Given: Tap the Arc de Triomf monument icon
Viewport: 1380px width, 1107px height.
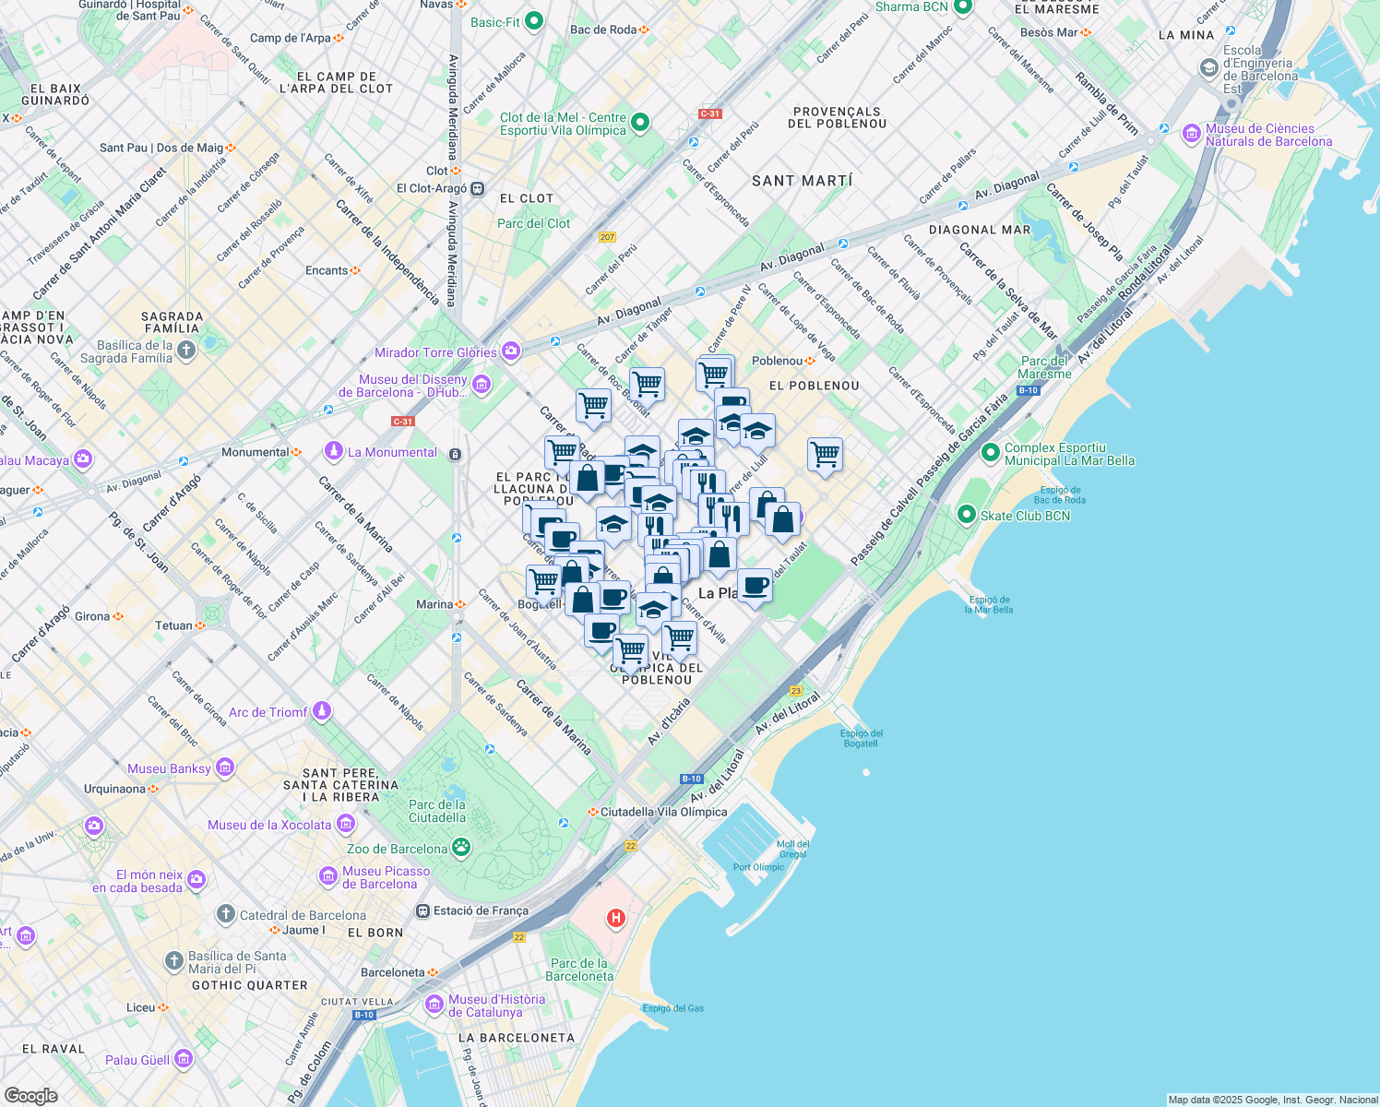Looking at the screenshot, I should click(x=322, y=711).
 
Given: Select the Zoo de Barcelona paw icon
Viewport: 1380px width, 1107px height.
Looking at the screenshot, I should click(x=460, y=848).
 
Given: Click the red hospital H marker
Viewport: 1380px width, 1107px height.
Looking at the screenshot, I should click(x=615, y=918).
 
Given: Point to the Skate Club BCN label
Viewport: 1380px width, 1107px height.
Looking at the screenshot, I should click(x=1025, y=516).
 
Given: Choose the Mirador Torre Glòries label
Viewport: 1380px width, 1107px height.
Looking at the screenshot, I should click(x=435, y=352).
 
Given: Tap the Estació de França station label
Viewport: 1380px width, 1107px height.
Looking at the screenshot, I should click(x=481, y=911).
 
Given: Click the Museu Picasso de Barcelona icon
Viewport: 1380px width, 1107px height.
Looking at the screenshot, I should click(x=328, y=875).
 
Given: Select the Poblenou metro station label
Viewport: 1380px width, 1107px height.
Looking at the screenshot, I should click(x=777, y=361).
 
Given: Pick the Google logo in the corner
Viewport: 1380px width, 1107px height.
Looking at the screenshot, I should click(x=30, y=1095).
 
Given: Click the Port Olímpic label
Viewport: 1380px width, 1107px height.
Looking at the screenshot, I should click(x=758, y=867).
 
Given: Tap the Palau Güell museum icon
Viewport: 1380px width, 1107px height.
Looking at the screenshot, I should click(x=184, y=1058).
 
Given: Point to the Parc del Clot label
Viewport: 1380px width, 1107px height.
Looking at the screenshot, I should click(x=533, y=223).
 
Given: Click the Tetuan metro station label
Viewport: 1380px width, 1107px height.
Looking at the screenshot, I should click(x=173, y=625).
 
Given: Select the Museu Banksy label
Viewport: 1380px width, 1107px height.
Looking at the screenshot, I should click(x=169, y=768).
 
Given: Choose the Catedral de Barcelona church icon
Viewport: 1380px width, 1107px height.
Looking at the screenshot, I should click(x=226, y=914).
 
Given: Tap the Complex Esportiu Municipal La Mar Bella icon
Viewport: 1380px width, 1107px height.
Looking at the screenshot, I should click(x=990, y=453).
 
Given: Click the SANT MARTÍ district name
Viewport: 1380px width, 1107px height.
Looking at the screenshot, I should click(x=802, y=181).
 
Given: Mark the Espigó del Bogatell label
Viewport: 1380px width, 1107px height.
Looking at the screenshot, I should click(x=861, y=738).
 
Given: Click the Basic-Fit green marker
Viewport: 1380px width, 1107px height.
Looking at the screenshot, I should click(x=533, y=22).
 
